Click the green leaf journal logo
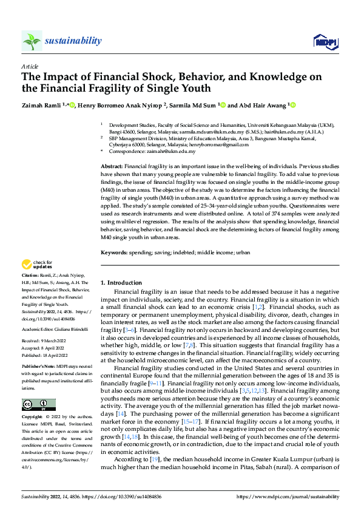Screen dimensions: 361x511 (32, 41)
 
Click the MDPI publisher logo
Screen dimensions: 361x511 (324, 41)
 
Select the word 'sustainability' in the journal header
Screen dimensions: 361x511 (73, 41)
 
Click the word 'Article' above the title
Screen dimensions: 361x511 (29, 66)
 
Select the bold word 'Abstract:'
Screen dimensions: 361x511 (112, 166)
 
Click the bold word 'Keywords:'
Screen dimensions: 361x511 (114, 251)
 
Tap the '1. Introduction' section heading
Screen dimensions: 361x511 (121, 283)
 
